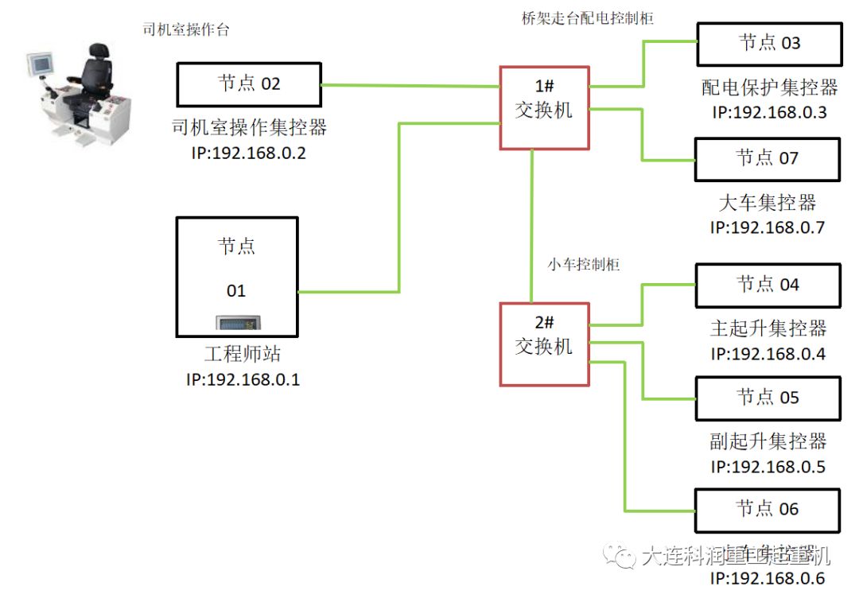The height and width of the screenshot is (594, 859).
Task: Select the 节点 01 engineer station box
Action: pyautogui.click(x=236, y=274)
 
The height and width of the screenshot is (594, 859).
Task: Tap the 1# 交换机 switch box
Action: pyautogui.click(x=543, y=107)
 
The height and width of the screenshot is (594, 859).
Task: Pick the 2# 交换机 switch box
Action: pyautogui.click(x=544, y=344)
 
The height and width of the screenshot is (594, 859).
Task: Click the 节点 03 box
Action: pyautogui.click(x=768, y=44)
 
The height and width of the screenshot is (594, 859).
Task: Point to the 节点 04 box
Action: pyautogui.click(x=768, y=285)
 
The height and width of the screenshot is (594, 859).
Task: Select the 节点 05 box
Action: pyautogui.click(x=768, y=398)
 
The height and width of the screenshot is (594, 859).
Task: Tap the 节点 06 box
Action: pyautogui.click(x=768, y=510)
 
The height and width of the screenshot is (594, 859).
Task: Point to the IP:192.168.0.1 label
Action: pyautogui.click(x=243, y=379)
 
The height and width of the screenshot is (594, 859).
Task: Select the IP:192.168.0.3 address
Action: pyautogui.click(x=769, y=112)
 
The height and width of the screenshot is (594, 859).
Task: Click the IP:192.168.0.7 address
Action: pyautogui.click(x=768, y=227)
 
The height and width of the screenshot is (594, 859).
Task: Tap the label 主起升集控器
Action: pyautogui.click(x=768, y=328)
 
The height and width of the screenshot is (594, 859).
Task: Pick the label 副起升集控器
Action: pyautogui.click(x=768, y=441)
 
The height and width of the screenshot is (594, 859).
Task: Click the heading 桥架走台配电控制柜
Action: pyautogui.click(x=582, y=18)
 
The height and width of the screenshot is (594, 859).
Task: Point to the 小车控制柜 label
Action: pyautogui.click(x=584, y=265)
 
